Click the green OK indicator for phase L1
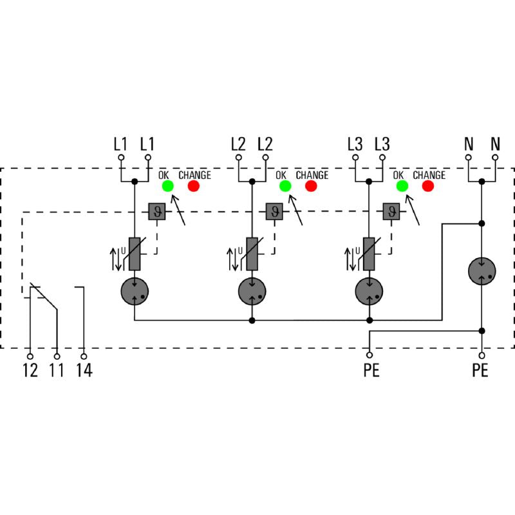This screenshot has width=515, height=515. (167, 186)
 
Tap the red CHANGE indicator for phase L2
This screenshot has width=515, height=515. (311, 186)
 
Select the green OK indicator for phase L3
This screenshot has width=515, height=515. (402, 186)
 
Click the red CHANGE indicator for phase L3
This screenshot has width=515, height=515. (428, 186)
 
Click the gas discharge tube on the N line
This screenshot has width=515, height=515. (482, 270)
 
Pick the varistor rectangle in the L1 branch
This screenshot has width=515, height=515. (135, 253)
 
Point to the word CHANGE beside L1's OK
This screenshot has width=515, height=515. (194, 175)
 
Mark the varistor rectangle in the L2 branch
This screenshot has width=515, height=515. (252, 253)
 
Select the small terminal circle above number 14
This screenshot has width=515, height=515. (84, 355)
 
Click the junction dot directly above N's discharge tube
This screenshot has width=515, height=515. (482, 223)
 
